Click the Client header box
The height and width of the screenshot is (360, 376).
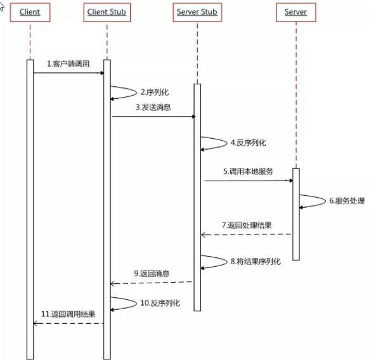(29, 13)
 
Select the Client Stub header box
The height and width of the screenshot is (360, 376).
(107, 13)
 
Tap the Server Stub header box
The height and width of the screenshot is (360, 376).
(197, 13)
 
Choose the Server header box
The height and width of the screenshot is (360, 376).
(295, 13)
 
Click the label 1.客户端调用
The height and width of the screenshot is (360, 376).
(68, 65)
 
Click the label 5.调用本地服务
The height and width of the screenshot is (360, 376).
(247, 171)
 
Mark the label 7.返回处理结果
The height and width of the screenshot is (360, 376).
(248, 226)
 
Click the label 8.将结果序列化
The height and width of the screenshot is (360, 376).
(254, 260)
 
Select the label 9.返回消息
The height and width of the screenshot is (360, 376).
(152, 273)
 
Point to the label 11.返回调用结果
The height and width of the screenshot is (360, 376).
(68, 314)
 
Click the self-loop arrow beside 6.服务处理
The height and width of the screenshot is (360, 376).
(312, 201)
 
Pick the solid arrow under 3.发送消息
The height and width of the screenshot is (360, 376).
(152, 116)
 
